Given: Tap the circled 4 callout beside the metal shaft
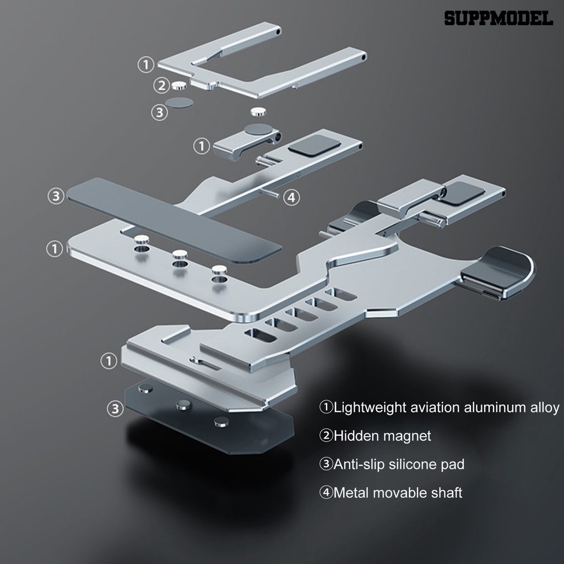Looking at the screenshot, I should pyautogui.click(x=292, y=197).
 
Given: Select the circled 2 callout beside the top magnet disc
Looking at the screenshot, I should pyautogui.click(x=161, y=85).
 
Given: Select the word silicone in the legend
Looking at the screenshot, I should pyautogui.click(x=414, y=464).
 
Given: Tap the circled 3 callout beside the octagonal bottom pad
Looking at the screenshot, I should pyautogui.click(x=115, y=409).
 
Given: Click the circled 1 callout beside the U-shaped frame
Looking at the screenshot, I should pyautogui.click(x=145, y=65).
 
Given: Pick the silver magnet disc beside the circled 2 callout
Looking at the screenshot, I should pyautogui.click(x=178, y=85).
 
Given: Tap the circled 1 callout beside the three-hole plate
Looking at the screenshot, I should pyautogui.click(x=55, y=249).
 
